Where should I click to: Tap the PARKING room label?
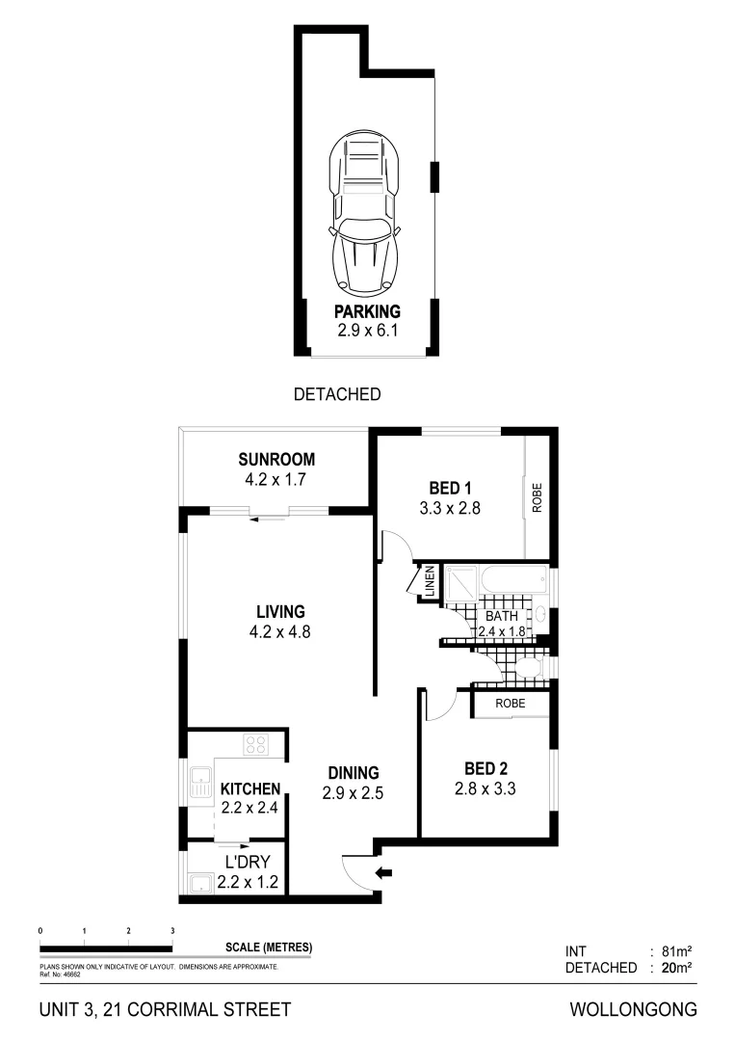click(x=367, y=311)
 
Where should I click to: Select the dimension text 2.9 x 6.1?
click(x=367, y=330)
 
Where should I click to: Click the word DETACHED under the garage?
click(x=337, y=394)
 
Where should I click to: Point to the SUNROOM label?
click(x=276, y=460)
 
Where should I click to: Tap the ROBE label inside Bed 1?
click(x=537, y=498)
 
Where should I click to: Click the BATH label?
click(x=501, y=616)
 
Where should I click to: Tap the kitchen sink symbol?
click(x=201, y=782)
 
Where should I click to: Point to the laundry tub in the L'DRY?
click(x=201, y=884)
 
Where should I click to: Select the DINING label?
click(x=353, y=773)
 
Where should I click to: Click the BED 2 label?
click(x=486, y=769)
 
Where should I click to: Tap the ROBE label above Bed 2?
click(x=511, y=704)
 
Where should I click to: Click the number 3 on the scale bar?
click(x=172, y=931)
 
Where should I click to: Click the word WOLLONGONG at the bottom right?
click(x=633, y=1010)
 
